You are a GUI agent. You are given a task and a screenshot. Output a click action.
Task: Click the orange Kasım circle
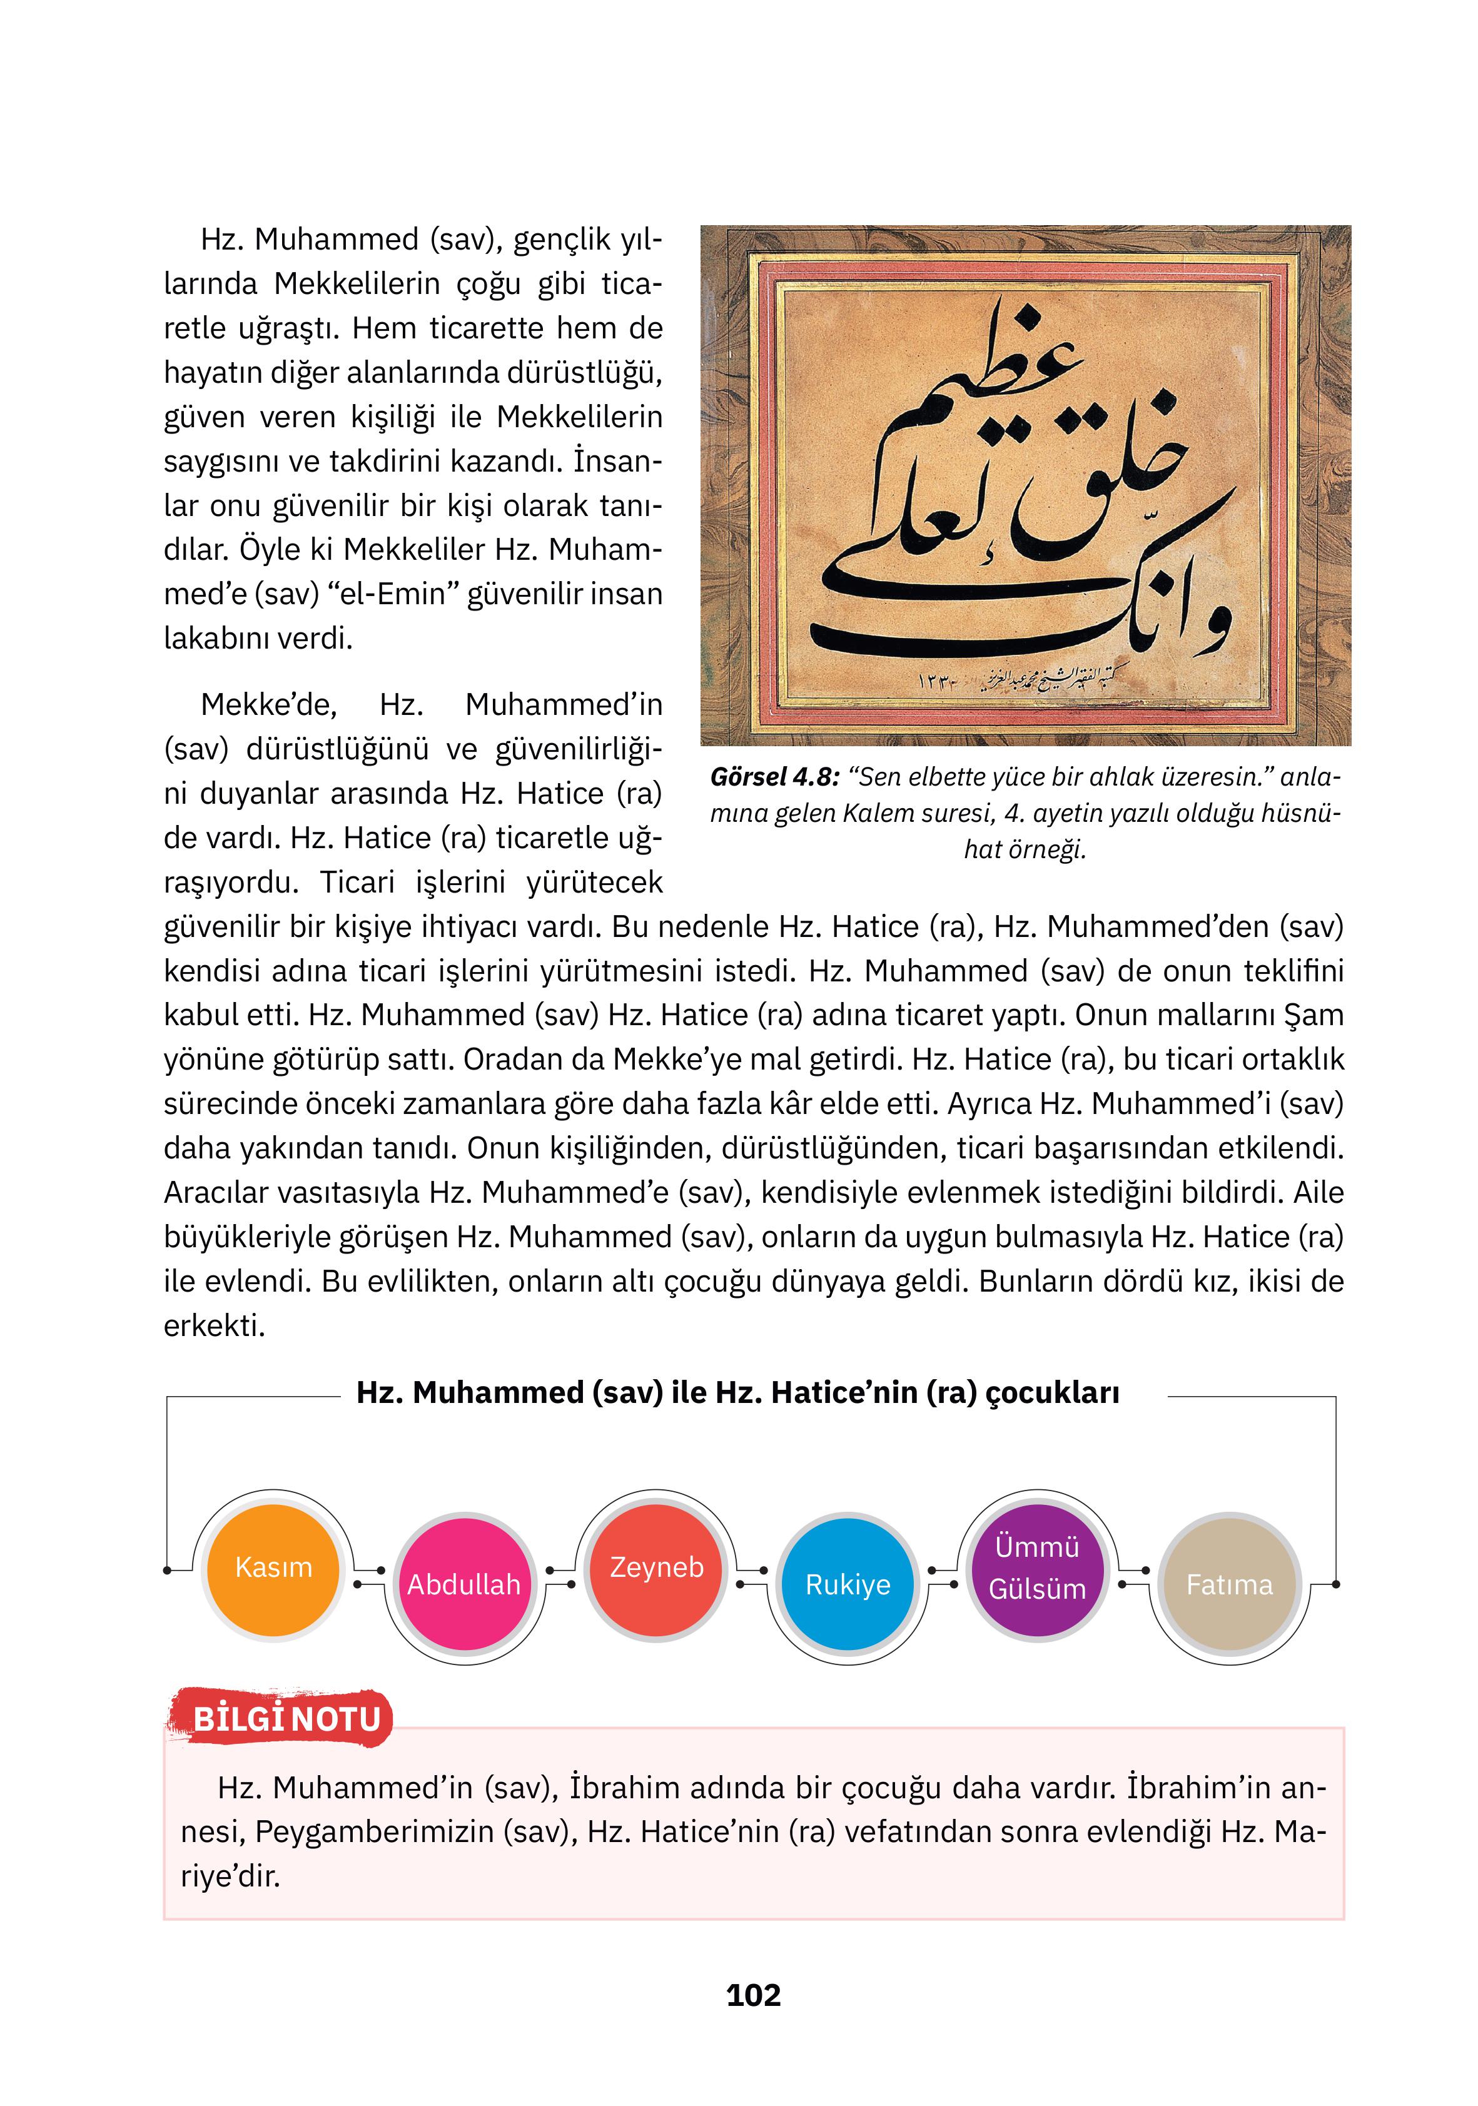point(273,1569)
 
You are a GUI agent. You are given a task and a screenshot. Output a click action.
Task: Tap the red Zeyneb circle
point(656,1569)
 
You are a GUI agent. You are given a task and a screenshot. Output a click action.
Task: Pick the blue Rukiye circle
point(848,1584)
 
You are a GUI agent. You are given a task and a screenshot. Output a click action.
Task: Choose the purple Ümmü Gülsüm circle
point(1038,1569)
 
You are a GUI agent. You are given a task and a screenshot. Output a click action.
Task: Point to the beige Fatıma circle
point(1229,1584)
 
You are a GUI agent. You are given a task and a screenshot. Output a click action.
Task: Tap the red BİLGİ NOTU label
point(286,1719)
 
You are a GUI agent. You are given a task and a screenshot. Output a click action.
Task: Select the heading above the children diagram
point(737,1392)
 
